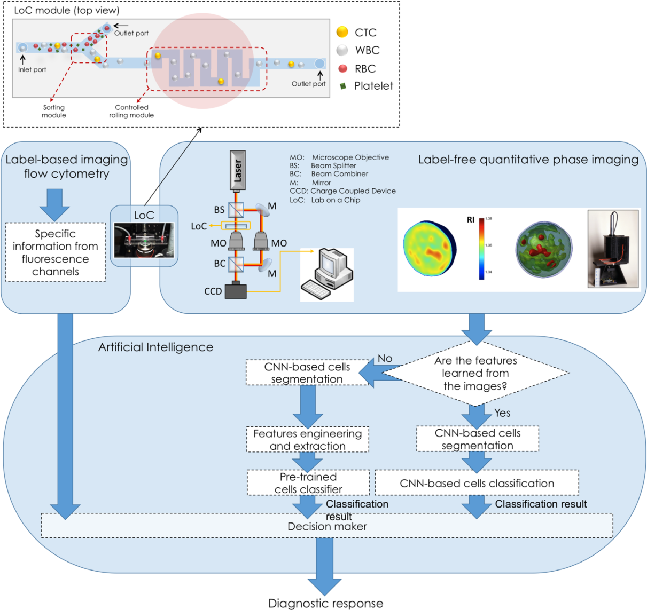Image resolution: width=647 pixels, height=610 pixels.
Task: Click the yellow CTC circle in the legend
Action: click(342, 32)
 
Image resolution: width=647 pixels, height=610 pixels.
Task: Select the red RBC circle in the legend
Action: click(343, 68)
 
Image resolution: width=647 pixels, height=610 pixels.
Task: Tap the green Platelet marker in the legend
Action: click(343, 86)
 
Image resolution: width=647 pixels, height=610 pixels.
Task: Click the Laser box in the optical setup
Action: click(238, 170)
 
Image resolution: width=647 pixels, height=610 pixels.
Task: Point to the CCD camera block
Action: click(236, 291)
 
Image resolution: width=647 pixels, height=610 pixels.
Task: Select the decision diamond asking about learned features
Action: click(475, 373)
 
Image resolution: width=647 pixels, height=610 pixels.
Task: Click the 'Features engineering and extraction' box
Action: click(308, 440)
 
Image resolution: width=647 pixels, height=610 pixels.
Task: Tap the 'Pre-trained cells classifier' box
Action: click(308, 482)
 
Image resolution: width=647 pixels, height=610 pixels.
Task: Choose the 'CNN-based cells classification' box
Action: click(477, 483)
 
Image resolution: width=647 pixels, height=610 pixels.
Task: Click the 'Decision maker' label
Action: click(327, 526)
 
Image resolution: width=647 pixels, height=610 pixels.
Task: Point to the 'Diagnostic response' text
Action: click(325, 603)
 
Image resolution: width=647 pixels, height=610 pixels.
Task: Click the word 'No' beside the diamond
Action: click(385, 359)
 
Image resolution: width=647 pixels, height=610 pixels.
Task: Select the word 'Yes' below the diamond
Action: click(502, 413)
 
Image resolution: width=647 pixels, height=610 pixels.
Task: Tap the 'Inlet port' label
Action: click(32, 69)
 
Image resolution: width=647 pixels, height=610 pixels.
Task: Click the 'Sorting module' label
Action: click(54, 111)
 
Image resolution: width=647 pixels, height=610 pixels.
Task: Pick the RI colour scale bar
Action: click(482, 249)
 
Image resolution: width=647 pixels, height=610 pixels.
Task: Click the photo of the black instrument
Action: click(613, 249)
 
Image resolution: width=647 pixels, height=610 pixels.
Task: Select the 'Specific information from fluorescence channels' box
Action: click(56, 252)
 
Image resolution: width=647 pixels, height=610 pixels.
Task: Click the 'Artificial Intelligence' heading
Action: click(155, 347)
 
